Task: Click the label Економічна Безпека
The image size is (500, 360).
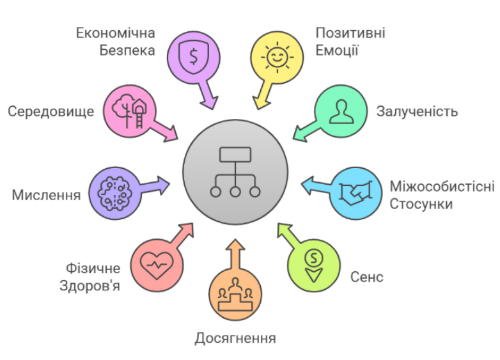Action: click(x=116, y=42)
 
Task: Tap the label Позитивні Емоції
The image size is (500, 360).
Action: click(x=350, y=42)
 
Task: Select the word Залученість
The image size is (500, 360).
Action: click(x=417, y=112)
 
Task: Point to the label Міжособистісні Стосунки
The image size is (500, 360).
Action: click(x=442, y=195)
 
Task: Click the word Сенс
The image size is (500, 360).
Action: click(x=367, y=277)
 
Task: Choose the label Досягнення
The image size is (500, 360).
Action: click(x=235, y=339)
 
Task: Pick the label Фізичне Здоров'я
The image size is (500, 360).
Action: click(x=90, y=277)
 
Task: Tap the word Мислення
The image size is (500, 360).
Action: click(x=46, y=195)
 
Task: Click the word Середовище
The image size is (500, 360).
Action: click(x=51, y=112)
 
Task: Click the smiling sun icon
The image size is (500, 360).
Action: click(x=277, y=58)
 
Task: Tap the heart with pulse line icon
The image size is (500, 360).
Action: click(x=157, y=265)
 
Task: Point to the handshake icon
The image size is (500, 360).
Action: click(x=355, y=192)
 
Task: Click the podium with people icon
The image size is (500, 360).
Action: click(x=235, y=295)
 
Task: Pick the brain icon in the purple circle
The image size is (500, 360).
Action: click(x=115, y=193)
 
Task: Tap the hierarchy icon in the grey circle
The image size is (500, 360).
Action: click(x=235, y=172)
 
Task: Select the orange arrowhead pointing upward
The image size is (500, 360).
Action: click(x=235, y=244)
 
